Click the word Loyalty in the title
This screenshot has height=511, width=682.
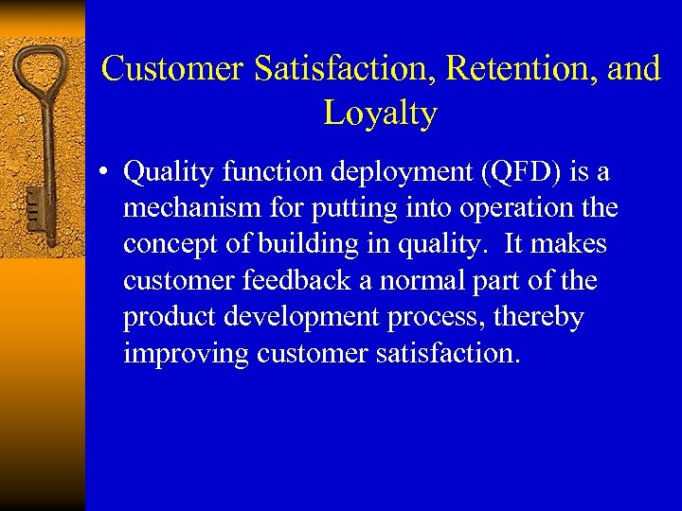point(380,114)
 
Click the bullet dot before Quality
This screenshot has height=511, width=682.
point(110,173)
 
